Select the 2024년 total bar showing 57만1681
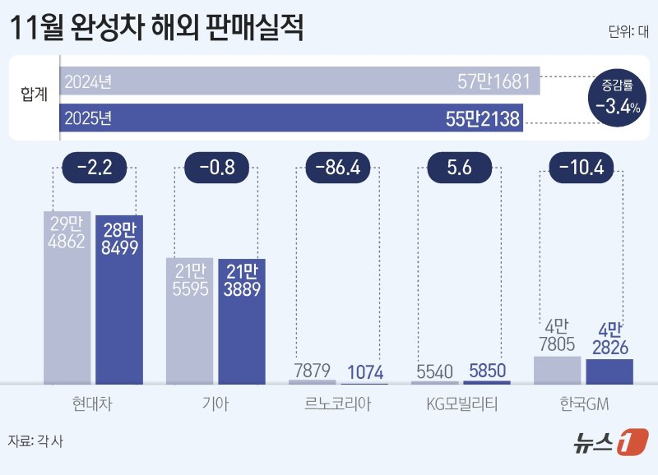299,82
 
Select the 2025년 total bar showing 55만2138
292,118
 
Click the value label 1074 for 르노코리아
365,371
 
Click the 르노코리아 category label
338,404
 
